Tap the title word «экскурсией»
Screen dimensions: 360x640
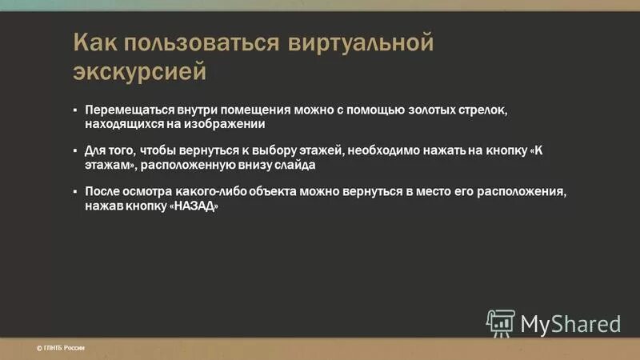pos(140,72)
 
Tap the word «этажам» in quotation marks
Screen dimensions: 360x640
pos(109,165)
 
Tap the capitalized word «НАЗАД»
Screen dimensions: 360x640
pos(194,206)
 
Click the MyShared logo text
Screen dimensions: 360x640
pos(570,323)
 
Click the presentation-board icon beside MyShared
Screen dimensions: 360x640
pos(501,322)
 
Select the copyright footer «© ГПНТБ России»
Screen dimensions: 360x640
pos(61,347)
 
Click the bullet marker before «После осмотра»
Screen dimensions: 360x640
pos(75,192)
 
